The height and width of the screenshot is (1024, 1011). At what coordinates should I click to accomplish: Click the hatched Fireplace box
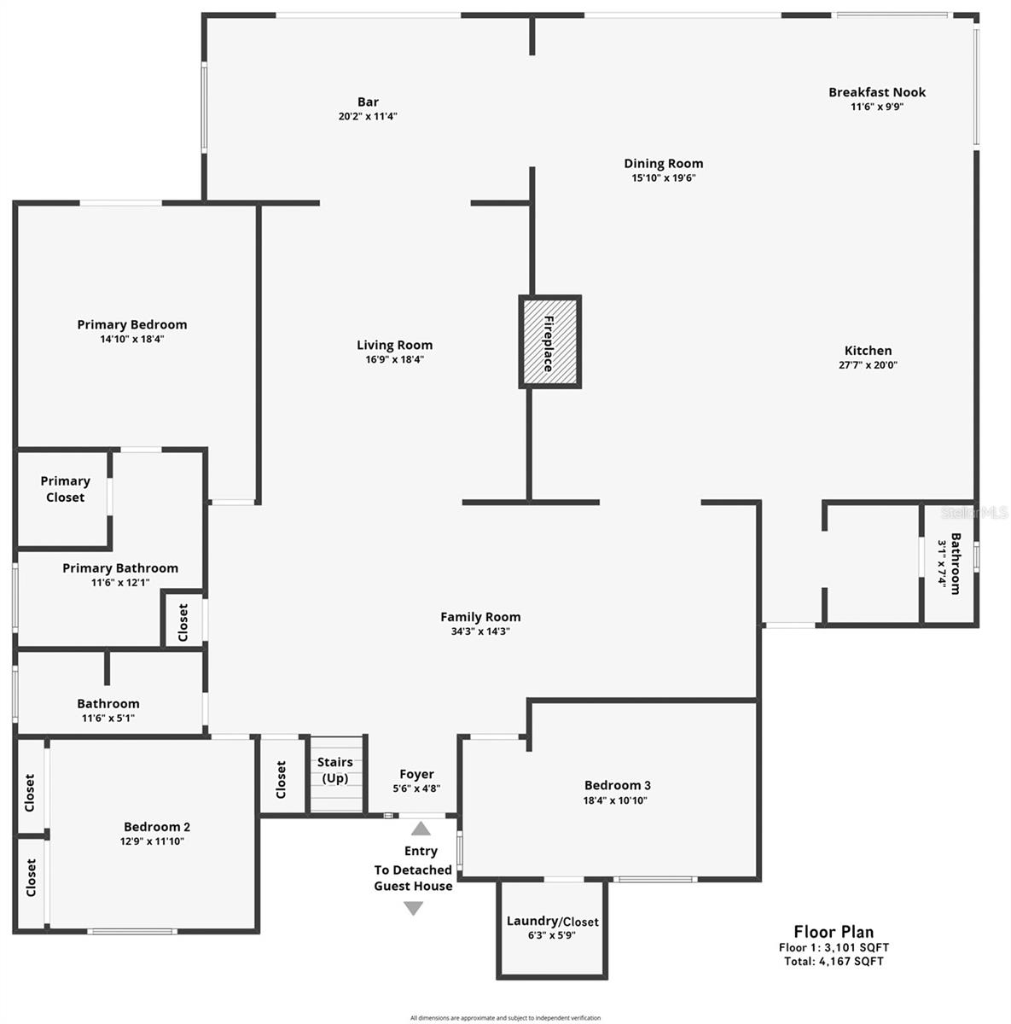click(x=549, y=342)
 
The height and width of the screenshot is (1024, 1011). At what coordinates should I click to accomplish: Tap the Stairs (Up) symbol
click(x=336, y=775)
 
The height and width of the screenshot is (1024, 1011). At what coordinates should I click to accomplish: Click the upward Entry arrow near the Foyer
click(x=421, y=828)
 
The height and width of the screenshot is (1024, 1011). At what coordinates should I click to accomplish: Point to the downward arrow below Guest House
click(x=413, y=909)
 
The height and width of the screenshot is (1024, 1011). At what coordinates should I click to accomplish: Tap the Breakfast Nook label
click(x=876, y=92)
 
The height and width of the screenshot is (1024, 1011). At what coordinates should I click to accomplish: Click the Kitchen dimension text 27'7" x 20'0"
click(x=868, y=364)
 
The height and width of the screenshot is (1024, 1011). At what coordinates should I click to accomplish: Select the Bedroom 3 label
click(x=617, y=785)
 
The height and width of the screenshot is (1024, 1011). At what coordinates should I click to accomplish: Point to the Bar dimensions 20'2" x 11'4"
click(x=368, y=116)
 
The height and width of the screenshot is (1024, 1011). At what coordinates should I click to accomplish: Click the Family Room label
click(x=480, y=617)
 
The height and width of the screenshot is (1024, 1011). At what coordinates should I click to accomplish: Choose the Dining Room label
click(x=663, y=164)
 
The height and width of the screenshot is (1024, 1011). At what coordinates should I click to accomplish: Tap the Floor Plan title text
click(x=834, y=932)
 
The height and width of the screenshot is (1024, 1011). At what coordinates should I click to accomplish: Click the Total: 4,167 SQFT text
click(x=834, y=962)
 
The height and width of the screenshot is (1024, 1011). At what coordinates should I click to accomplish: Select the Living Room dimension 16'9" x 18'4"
click(x=394, y=359)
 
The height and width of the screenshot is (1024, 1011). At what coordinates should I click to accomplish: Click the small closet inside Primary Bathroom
click(x=183, y=620)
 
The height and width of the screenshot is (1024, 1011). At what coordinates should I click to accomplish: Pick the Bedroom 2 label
click(x=157, y=827)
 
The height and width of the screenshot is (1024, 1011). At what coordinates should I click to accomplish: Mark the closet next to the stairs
click(x=282, y=779)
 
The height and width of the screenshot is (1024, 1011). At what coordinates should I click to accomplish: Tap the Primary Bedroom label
click(x=132, y=324)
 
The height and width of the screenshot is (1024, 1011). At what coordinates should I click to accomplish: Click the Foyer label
click(x=416, y=775)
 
